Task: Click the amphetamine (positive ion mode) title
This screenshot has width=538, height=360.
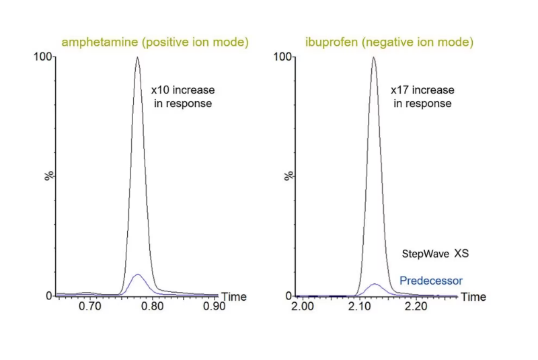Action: click(x=155, y=42)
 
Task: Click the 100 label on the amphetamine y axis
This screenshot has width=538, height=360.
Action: click(x=43, y=57)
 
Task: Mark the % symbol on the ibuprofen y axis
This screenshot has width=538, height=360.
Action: click(x=289, y=176)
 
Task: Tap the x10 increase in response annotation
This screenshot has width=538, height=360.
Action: click(x=182, y=96)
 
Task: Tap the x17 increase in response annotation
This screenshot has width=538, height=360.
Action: click(x=422, y=96)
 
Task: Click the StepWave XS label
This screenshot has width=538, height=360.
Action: click(x=435, y=254)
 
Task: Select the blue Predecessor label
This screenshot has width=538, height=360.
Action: click(x=430, y=281)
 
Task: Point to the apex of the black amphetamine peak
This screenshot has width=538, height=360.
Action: click(x=137, y=57)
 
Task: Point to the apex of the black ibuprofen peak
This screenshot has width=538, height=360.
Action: click(x=374, y=57)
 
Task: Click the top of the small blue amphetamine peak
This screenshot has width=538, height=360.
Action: click(x=137, y=275)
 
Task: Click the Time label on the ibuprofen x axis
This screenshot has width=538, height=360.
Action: click(x=473, y=297)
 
